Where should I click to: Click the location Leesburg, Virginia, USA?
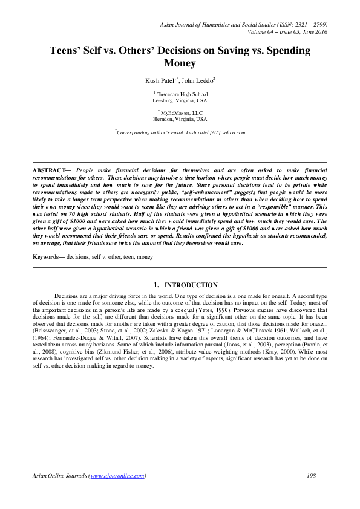click(180, 100)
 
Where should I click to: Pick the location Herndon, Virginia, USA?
click(180, 119)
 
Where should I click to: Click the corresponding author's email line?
click(180, 132)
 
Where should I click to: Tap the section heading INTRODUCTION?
click(191, 284)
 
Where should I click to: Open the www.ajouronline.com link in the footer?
click(117, 476)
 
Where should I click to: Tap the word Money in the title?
click(180, 63)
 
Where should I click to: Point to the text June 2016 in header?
click(312, 31)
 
